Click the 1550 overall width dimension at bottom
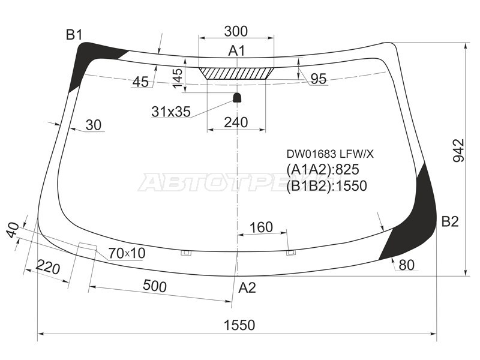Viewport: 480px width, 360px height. (239, 325)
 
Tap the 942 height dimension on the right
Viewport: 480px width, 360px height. (458, 151)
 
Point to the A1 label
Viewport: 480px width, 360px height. (236, 51)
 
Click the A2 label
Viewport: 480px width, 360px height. (247, 287)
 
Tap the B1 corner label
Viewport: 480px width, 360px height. (74, 35)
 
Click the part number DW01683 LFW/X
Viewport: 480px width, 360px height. (329, 154)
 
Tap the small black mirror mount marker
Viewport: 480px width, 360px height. (237, 97)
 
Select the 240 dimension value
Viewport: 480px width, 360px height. (235, 123)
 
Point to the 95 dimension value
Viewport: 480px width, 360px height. (318, 79)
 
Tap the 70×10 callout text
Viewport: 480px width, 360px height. (127, 253)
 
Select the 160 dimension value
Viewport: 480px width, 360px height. (261, 227)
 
